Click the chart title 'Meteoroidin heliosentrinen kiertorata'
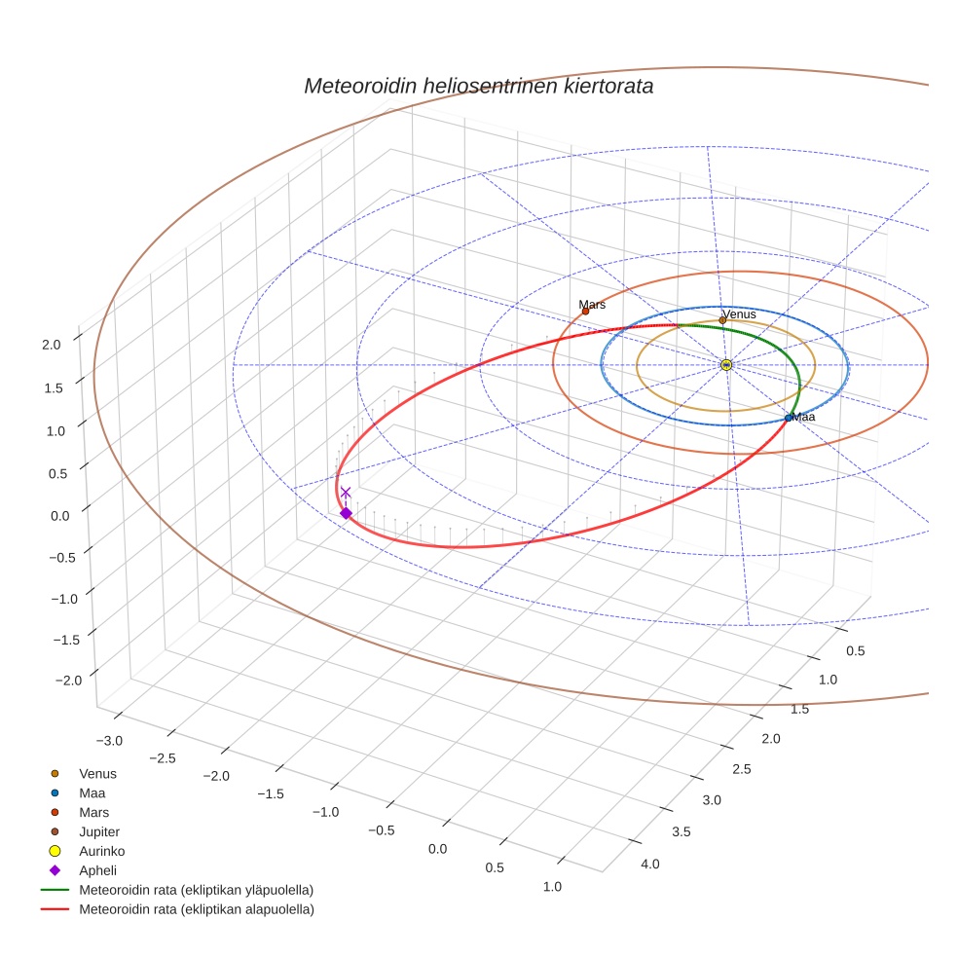(x=478, y=86)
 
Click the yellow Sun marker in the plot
(x=726, y=364)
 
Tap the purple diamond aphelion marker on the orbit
(x=346, y=513)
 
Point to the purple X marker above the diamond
(x=346, y=493)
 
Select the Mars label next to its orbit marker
(x=592, y=305)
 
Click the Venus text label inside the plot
(x=739, y=314)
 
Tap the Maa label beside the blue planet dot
(x=803, y=417)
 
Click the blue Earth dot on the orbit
(x=789, y=418)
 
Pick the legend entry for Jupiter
(x=99, y=831)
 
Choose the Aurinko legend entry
(x=101, y=851)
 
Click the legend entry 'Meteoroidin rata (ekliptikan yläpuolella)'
(x=196, y=890)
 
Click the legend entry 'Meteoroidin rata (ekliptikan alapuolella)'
(x=196, y=909)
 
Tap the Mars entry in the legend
(x=93, y=812)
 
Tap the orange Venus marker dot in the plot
(x=722, y=320)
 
